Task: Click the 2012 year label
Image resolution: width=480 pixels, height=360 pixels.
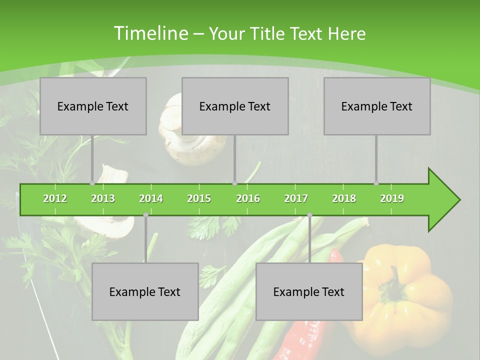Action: [x=55, y=198]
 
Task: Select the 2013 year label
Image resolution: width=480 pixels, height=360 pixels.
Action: [x=103, y=198]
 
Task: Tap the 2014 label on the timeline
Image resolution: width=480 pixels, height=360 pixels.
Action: [x=151, y=198]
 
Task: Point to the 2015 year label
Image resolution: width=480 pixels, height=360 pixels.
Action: [x=199, y=198]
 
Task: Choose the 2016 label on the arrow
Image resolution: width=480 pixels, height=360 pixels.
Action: [x=248, y=198]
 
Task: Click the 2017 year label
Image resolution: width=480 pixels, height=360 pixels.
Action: [x=296, y=198]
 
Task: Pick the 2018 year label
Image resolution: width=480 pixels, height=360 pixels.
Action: [x=344, y=198]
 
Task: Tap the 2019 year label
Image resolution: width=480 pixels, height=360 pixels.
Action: [x=392, y=198]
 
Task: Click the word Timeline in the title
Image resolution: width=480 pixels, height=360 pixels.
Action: [x=150, y=33]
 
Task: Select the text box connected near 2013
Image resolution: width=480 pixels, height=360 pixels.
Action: [x=93, y=106]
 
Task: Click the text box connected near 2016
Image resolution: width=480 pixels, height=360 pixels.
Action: [x=235, y=106]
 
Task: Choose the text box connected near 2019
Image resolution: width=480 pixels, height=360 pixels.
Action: [x=377, y=106]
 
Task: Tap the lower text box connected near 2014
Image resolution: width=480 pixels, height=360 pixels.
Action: [x=145, y=291]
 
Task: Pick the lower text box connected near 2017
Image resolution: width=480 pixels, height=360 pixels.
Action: [x=309, y=291]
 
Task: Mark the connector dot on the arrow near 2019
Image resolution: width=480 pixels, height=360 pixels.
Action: [x=376, y=183]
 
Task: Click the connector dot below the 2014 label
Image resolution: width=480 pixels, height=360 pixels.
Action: [x=145, y=214]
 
